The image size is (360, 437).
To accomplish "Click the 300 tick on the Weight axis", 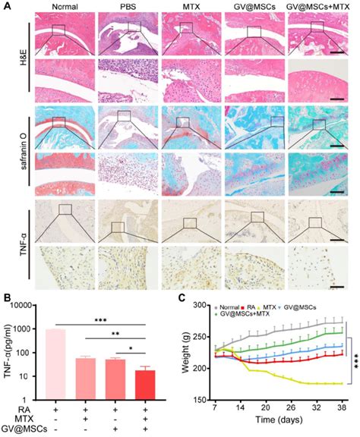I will pos(200,305).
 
